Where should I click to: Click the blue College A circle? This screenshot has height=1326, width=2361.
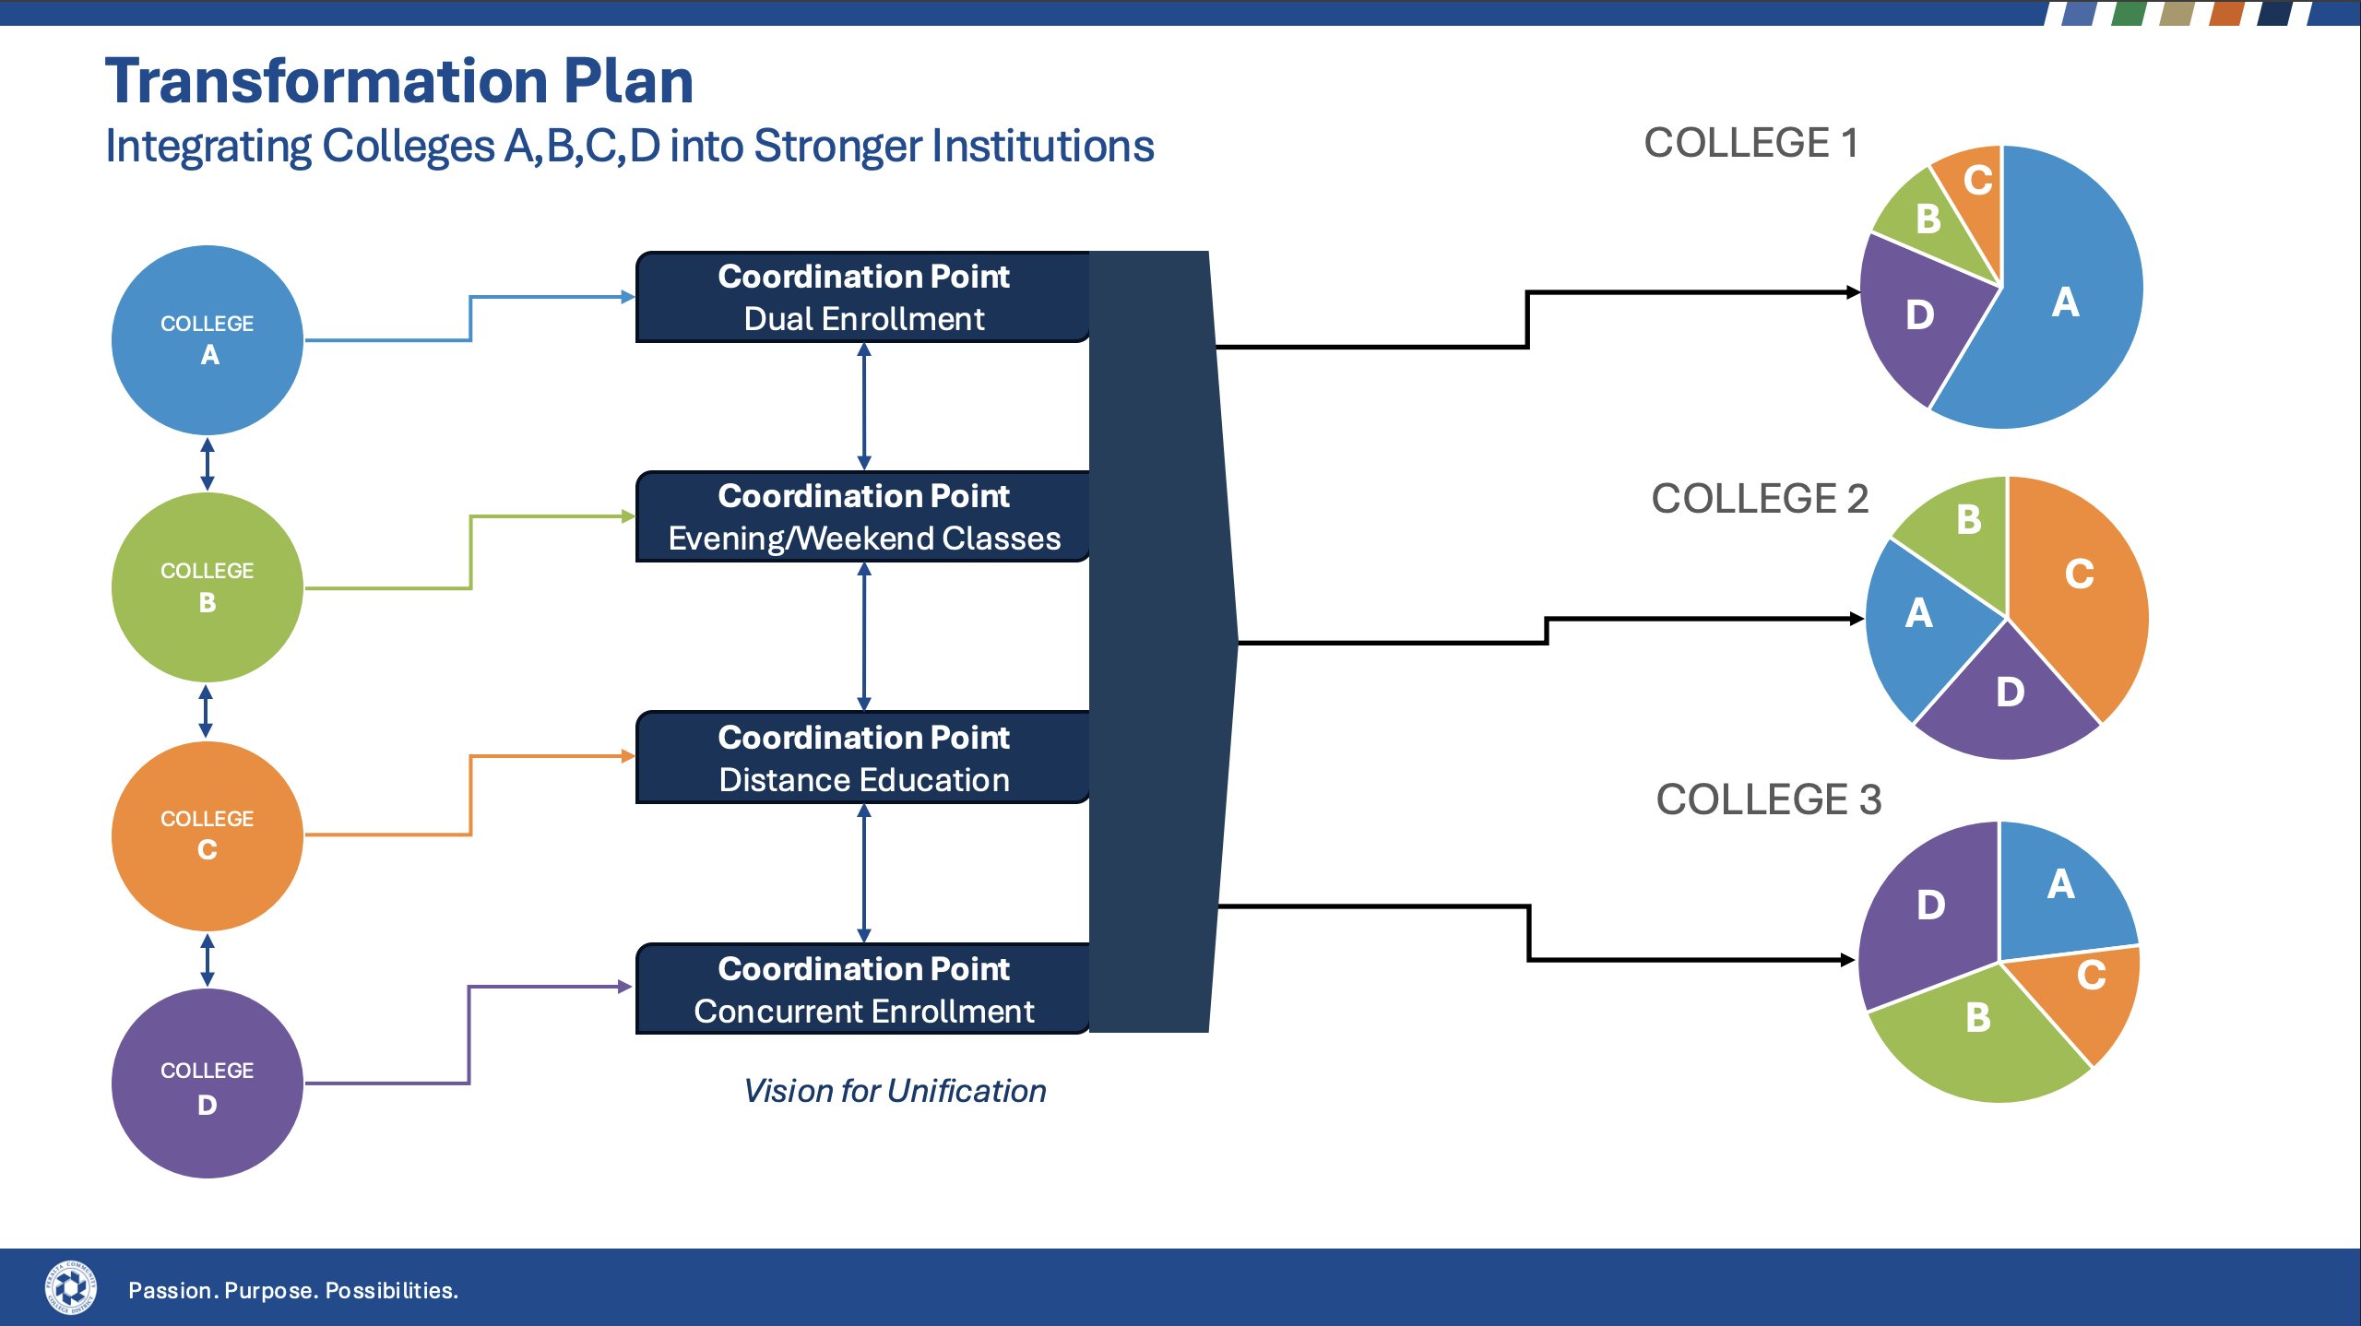pyautogui.click(x=208, y=339)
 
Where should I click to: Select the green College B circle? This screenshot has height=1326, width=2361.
pyautogui.click(x=208, y=587)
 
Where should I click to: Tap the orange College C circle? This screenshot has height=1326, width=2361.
pyautogui.click(x=208, y=835)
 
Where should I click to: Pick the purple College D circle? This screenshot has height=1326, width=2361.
pyautogui.click(x=208, y=1083)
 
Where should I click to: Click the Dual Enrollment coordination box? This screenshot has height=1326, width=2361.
pyautogui.click(x=863, y=297)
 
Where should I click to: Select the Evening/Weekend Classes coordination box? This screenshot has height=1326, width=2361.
pyautogui.click(x=863, y=516)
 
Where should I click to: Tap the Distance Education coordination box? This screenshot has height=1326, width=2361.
pyautogui.click(x=863, y=757)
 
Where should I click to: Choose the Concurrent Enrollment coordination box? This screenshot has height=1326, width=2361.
pyautogui.click(x=863, y=989)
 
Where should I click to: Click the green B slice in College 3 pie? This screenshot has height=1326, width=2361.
pyautogui.click(x=1977, y=1033)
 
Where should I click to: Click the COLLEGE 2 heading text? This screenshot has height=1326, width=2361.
pyautogui.click(x=1760, y=499)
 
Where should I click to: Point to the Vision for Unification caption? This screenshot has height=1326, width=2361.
pyautogui.click(x=895, y=1091)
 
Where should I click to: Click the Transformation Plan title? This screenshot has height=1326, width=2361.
pyautogui.click(x=398, y=81)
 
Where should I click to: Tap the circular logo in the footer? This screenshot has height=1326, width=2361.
pyautogui.click(x=71, y=1287)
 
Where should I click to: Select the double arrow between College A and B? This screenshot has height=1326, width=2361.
pyautogui.click(x=208, y=464)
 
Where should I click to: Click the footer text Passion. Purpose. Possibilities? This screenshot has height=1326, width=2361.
pyautogui.click(x=293, y=1290)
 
